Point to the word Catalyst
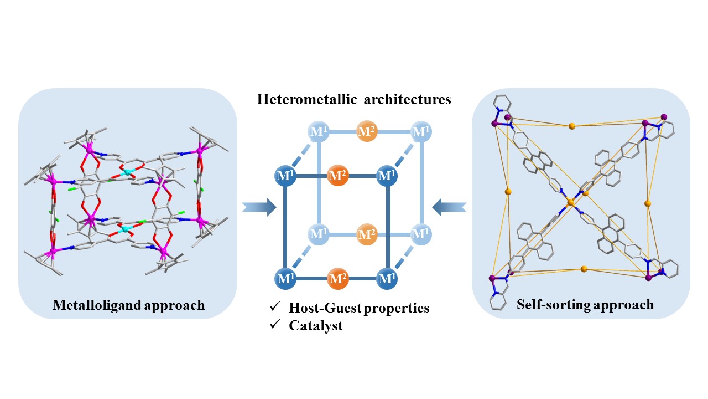pyautogui.click(x=316, y=326)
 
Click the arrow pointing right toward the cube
pyautogui.click(x=259, y=207)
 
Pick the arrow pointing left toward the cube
pyautogui.click(x=449, y=207)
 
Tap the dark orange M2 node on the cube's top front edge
pyautogui.click(x=337, y=177)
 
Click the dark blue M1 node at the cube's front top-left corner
pyautogui.click(x=285, y=177)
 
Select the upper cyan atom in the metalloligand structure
pyautogui.click(x=128, y=173)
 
